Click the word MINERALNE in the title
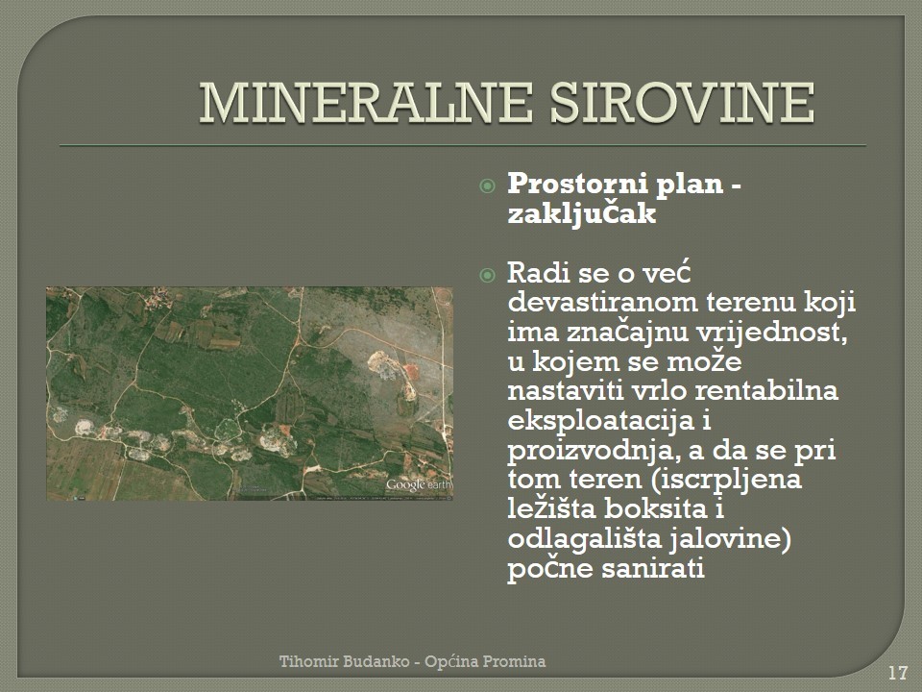(366, 103)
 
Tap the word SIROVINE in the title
(682, 103)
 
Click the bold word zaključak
(582, 213)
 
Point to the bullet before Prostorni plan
(488, 186)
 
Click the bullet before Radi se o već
(488, 275)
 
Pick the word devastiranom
(602, 303)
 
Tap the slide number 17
(897, 672)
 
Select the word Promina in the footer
(515, 661)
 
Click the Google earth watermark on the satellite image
(419, 484)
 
